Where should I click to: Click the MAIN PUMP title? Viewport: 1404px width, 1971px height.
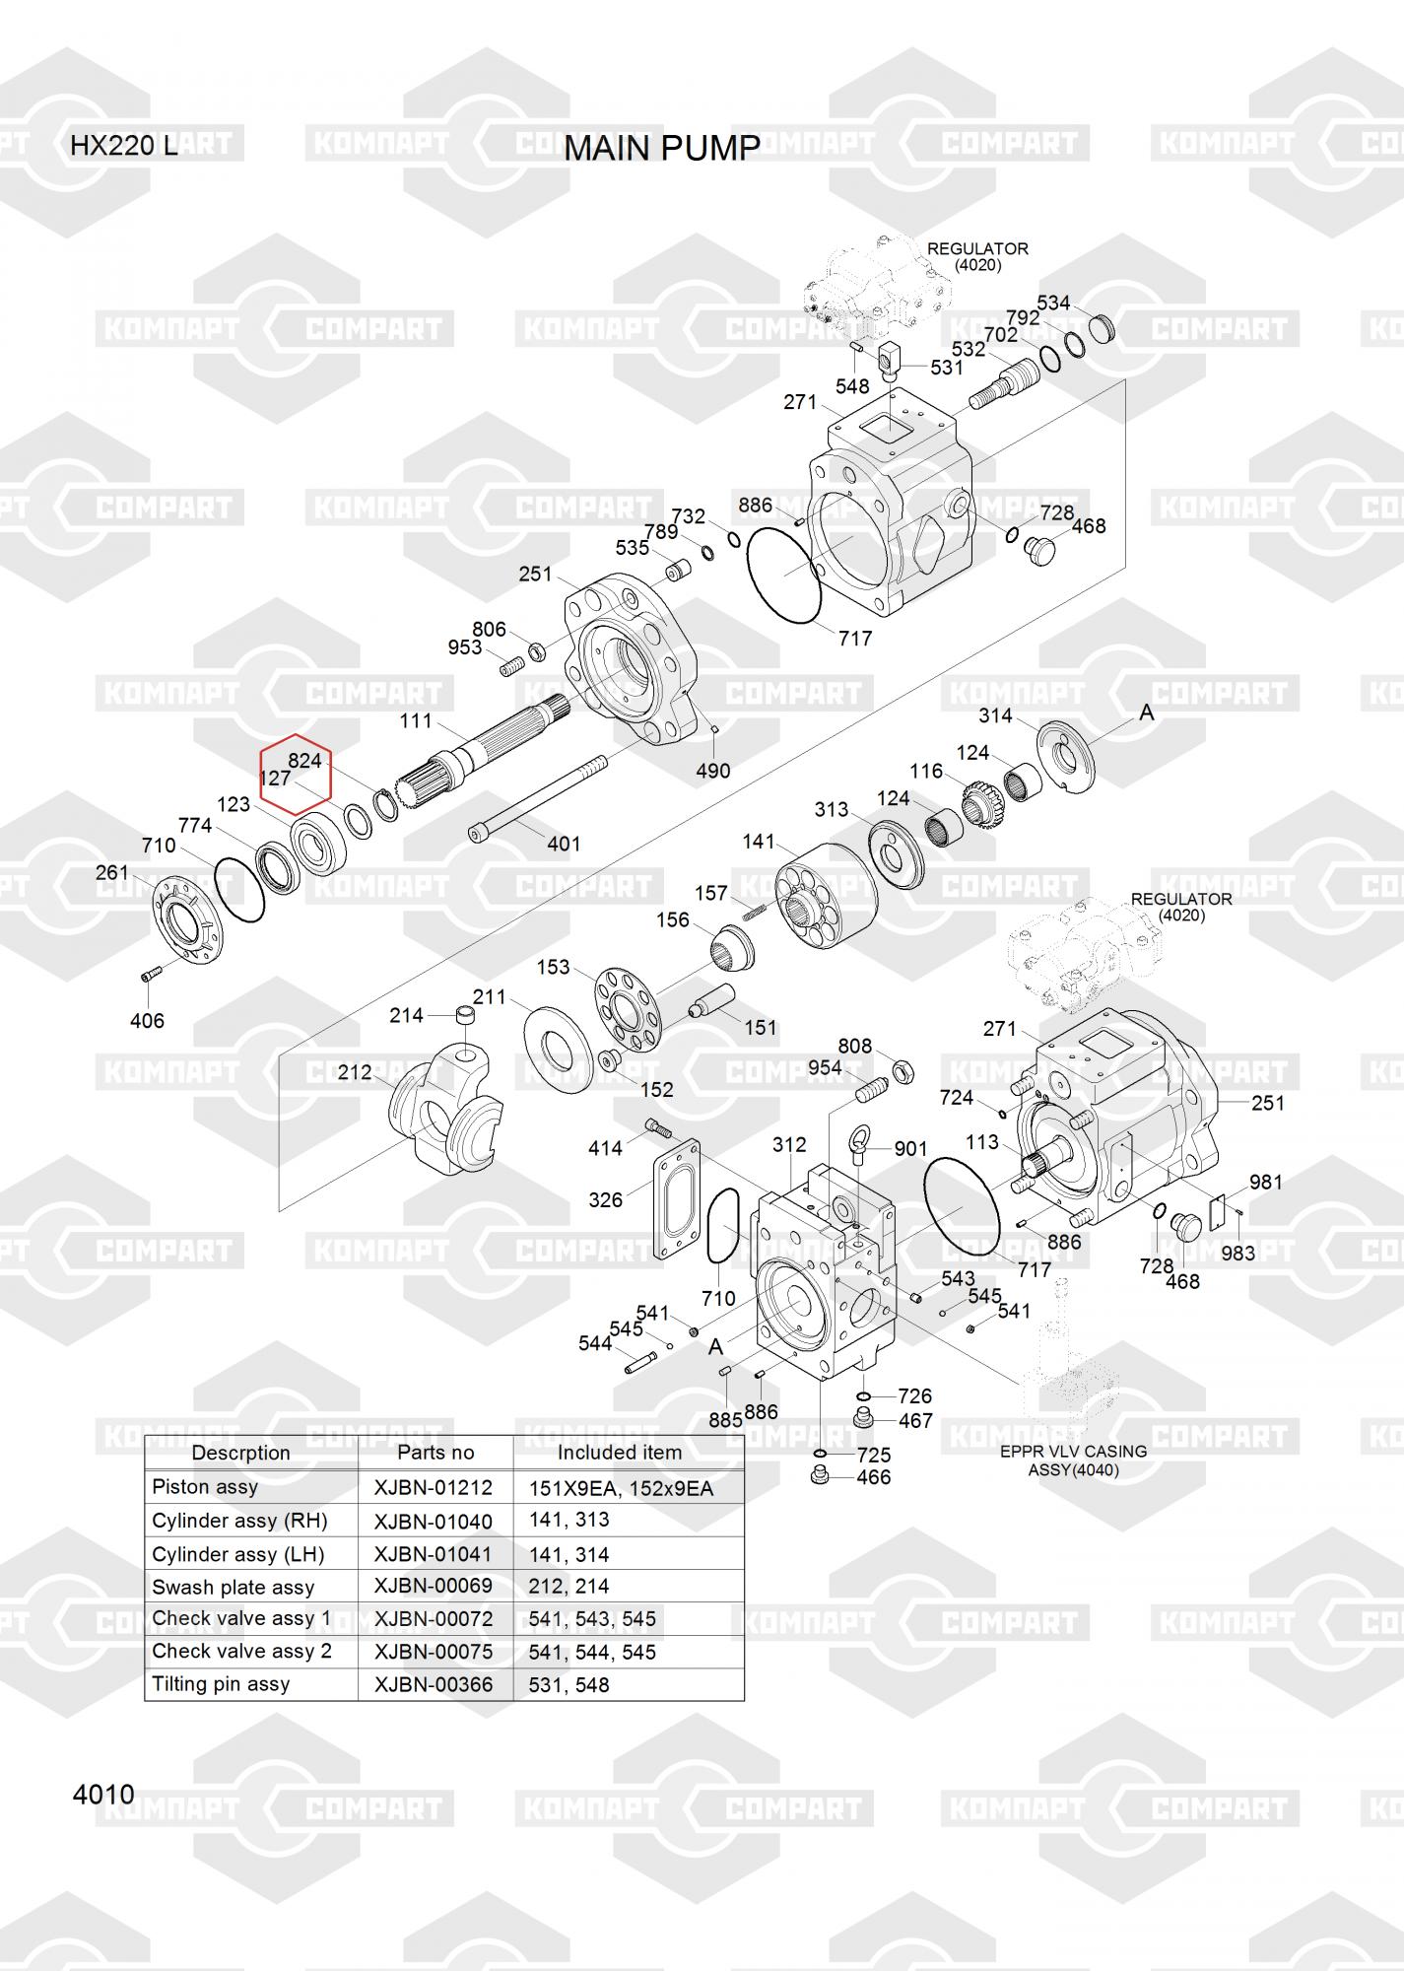click(x=662, y=148)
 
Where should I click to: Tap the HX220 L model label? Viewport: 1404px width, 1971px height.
click(x=123, y=147)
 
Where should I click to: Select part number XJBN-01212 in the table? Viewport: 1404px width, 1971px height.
click(x=433, y=1487)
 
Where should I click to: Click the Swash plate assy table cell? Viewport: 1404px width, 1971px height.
click(x=233, y=1587)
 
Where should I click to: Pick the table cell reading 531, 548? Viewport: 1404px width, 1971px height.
click(x=569, y=1685)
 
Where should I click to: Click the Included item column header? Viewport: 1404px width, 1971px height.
click(x=619, y=1453)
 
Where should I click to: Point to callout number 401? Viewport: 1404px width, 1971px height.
click(x=564, y=844)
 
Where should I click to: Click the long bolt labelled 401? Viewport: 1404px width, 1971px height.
click(x=537, y=796)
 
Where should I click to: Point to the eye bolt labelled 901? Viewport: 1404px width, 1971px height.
click(x=859, y=1147)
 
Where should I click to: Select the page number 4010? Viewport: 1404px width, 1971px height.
click(x=103, y=1795)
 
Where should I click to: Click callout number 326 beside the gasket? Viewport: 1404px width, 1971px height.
click(x=605, y=1199)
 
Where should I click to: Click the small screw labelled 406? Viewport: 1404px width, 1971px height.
click(x=150, y=976)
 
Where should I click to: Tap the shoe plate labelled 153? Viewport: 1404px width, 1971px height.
click(x=627, y=1009)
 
